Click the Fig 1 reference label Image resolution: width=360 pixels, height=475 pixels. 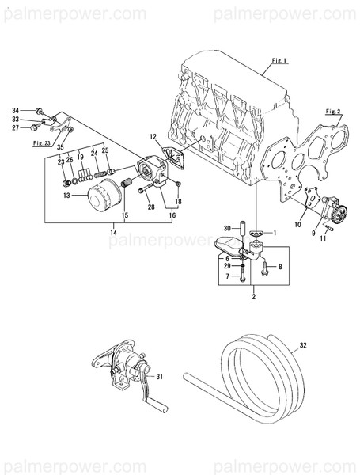coord(279,60)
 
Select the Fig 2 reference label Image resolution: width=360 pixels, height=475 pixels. coord(334,112)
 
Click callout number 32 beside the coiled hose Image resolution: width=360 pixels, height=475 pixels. coord(303,346)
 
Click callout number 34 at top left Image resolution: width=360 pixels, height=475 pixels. coord(15,109)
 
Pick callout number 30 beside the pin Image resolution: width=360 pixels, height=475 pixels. coord(226,227)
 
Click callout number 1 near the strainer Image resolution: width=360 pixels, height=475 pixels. coord(275,234)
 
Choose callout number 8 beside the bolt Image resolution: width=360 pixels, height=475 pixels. coord(279,267)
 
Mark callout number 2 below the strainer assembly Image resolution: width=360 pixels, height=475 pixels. coord(253,298)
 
